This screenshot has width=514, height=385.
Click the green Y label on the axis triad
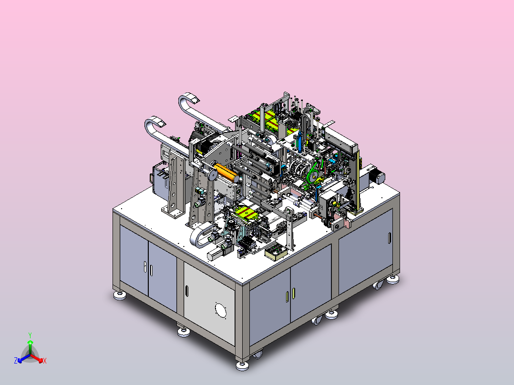coord(30,335)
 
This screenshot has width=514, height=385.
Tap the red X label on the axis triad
coord(45,361)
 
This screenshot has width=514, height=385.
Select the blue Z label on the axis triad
coord(16,360)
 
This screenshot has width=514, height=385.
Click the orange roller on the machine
coord(226,172)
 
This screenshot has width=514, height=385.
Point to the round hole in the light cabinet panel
coord(221,310)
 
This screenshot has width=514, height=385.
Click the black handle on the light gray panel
coord(187,291)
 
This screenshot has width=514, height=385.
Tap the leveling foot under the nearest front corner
coord(242,365)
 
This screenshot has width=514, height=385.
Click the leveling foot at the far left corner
coord(120,295)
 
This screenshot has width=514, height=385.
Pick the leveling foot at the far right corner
coord(393,280)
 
